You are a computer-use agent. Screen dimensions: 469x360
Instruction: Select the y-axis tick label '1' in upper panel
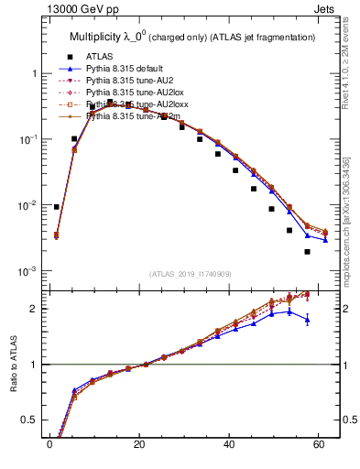tap(29, 73)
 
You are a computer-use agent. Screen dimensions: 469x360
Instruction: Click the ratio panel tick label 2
tap(30, 309)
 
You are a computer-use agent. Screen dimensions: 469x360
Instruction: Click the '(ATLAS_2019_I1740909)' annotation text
tap(190, 274)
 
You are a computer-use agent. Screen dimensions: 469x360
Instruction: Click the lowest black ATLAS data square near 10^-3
tap(307, 252)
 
